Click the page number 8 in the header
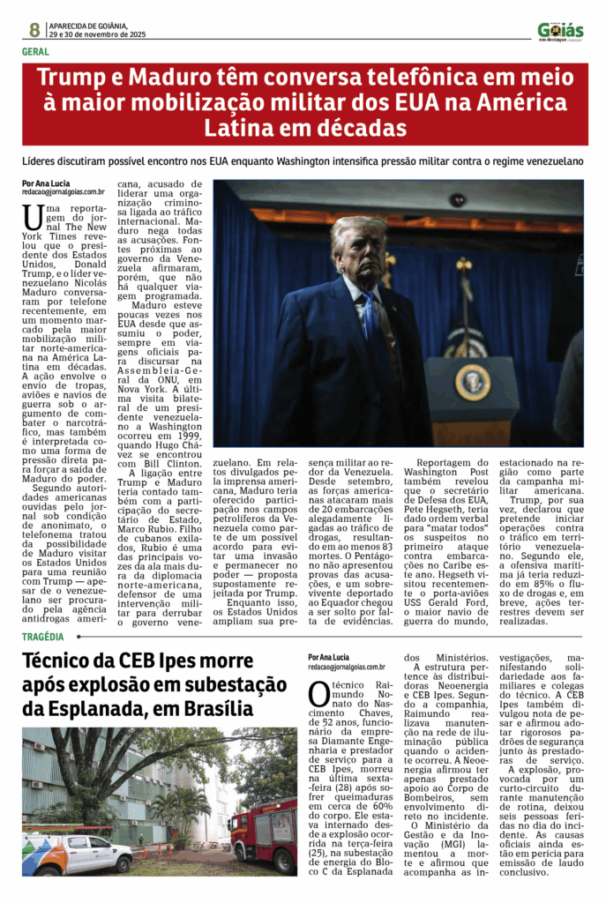tap(34, 30)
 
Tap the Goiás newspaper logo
tap(560, 32)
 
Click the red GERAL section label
tap(36, 52)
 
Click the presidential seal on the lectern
tap(472, 381)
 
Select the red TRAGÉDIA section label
tap(43, 636)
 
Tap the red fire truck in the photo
tap(263, 833)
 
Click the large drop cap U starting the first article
tap(34, 216)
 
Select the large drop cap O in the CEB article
tap(318, 695)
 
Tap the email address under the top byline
tap(64, 191)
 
